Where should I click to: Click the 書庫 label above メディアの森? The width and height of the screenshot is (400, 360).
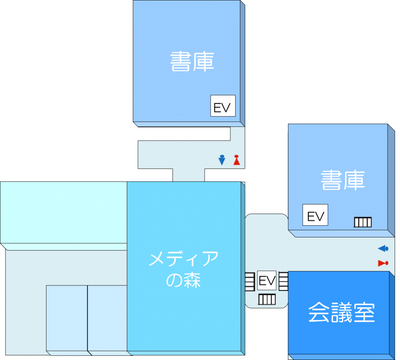pos(192,62)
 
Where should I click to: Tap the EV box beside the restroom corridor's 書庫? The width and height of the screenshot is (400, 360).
pos(223,106)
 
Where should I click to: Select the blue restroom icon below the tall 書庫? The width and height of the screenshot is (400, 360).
pos(222,160)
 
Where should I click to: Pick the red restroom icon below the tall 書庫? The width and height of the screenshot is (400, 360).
pos(236,160)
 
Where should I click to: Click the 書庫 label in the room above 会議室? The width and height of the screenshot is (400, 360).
pos(343,180)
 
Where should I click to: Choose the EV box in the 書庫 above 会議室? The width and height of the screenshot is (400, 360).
pos(315,215)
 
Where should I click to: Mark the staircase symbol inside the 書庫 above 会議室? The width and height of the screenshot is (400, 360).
pos(362,223)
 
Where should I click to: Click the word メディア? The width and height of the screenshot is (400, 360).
pos(184,259)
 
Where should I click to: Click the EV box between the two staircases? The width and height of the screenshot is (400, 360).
pos(267,280)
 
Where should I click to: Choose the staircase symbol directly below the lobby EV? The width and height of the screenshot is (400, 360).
pos(267,299)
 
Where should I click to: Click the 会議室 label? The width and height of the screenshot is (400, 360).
pos(341,313)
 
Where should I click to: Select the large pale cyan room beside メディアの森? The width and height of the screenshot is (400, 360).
pos(63,212)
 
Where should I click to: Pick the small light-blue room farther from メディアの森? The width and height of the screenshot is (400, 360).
pos(66,318)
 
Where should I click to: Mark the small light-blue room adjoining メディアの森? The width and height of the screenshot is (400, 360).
pos(107,318)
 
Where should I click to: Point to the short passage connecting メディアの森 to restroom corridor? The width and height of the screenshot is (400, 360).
pos(189,175)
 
